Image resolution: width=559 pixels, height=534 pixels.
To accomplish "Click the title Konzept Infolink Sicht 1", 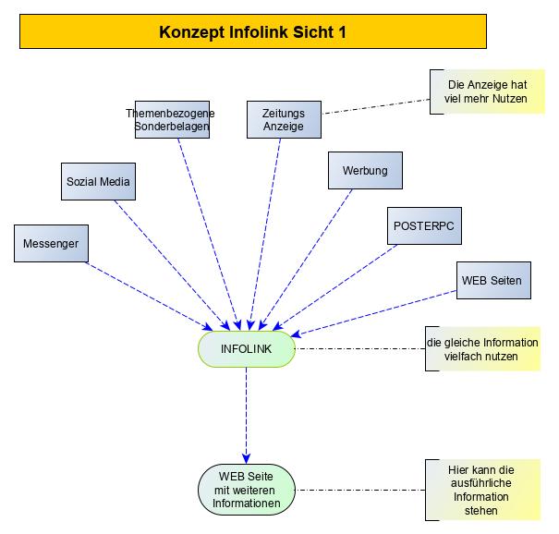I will tap(252, 32).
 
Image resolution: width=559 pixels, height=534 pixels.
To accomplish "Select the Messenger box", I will tap(52, 243).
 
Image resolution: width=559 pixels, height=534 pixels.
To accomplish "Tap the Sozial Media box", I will tap(98, 182).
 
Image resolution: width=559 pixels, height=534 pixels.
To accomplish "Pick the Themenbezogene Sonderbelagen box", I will tap(170, 119).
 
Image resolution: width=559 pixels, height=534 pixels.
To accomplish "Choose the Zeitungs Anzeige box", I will tap(276, 119).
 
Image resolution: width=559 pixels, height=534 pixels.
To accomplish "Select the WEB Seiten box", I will tap(494, 280).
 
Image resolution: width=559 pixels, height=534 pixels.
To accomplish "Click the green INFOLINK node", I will tap(246, 348).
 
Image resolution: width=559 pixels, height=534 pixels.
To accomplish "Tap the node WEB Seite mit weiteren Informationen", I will tap(246, 491).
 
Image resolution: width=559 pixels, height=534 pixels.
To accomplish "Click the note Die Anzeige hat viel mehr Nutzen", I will tap(486, 91).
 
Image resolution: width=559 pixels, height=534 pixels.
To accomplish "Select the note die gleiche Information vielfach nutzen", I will tap(483, 348).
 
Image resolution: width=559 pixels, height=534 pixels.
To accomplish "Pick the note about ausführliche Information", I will tap(482, 490).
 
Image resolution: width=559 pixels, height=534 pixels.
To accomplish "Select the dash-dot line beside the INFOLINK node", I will tap(360, 349).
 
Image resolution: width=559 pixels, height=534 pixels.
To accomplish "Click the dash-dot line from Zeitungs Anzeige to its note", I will tap(365, 106).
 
